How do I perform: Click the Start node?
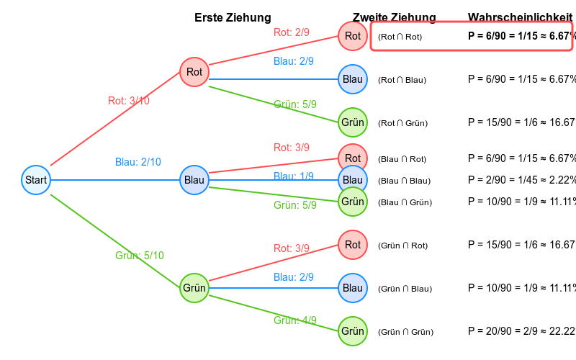[x=36, y=180]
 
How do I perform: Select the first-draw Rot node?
[x=194, y=72]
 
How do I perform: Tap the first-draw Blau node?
[x=194, y=180]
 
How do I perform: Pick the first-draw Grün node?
[x=194, y=288]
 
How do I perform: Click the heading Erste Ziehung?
[x=233, y=18]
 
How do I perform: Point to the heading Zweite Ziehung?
[x=394, y=18]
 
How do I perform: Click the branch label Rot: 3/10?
[x=129, y=101]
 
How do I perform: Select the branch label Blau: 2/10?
[x=138, y=162]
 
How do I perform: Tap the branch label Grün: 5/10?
[x=140, y=256]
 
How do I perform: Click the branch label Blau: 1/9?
[x=294, y=176]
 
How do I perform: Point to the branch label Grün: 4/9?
[x=295, y=320]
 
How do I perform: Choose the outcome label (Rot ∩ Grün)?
[x=402, y=123]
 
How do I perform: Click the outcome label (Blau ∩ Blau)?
[x=404, y=181]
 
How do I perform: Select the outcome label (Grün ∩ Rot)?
[x=403, y=246]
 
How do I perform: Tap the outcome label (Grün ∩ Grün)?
[x=405, y=332]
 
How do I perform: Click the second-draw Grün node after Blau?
[x=353, y=202]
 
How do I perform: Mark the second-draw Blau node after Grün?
[x=353, y=288]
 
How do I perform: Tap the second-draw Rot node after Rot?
[x=353, y=36]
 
